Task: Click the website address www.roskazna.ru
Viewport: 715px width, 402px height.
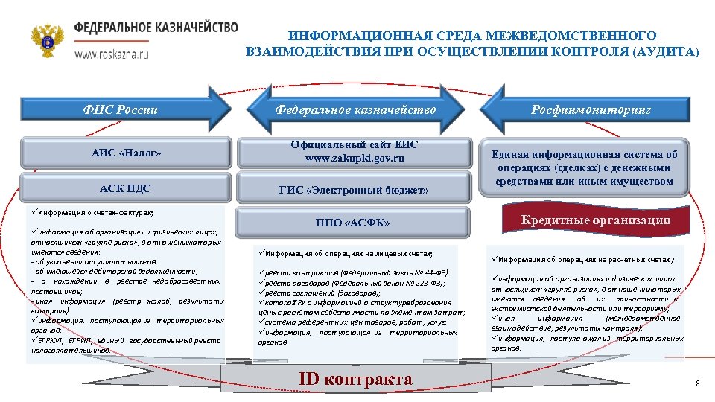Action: (111, 54)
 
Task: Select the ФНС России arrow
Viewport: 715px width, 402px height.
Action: (123, 109)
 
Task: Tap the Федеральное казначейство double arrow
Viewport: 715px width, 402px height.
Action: (355, 109)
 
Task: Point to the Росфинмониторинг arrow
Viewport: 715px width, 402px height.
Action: (591, 109)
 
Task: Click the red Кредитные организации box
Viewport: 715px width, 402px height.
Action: (595, 220)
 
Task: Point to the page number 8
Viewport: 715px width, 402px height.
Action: (697, 383)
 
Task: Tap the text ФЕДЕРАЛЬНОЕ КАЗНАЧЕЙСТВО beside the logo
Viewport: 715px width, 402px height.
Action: (156, 27)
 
